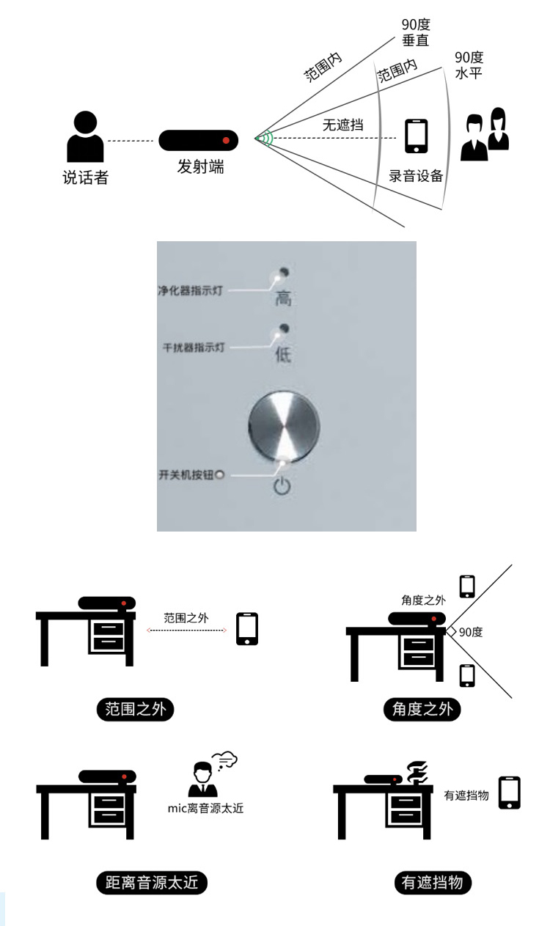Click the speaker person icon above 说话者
(85, 137)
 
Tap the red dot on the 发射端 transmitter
(226, 139)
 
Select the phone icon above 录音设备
(416, 136)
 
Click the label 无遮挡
(342, 125)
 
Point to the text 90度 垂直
(415, 33)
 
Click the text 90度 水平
(469, 65)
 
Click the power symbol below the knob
(282, 485)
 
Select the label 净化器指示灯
(191, 290)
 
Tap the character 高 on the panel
(283, 298)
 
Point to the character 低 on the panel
(283, 355)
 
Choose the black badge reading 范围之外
(136, 710)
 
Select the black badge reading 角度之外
(422, 710)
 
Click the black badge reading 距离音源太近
(152, 883)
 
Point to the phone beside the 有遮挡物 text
(510, 793)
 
